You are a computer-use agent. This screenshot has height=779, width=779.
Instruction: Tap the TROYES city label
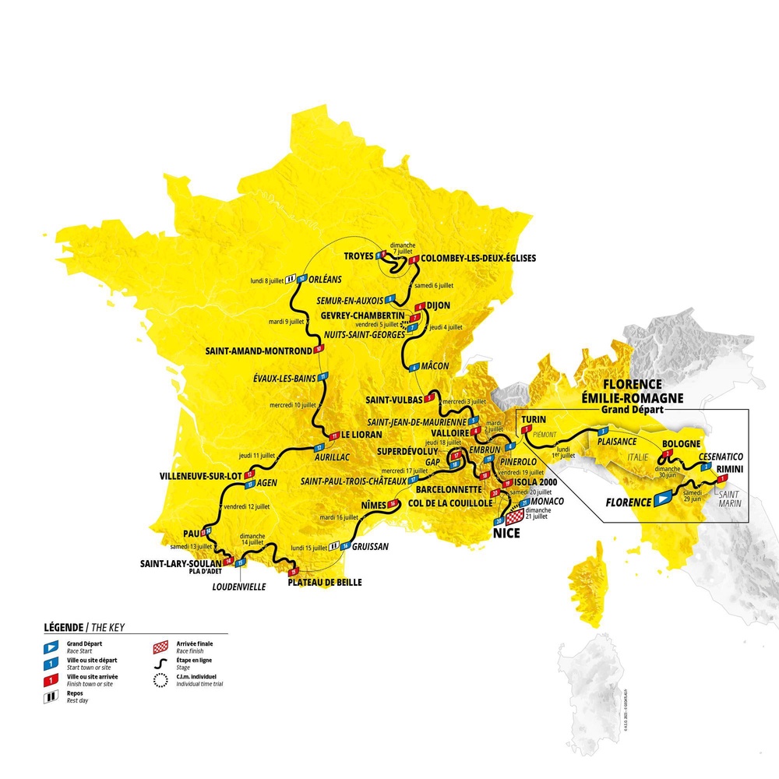coord(358,256)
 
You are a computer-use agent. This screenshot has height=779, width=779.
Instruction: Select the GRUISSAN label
coord(371,546)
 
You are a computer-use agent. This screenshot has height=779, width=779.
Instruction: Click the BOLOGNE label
coord(683,444)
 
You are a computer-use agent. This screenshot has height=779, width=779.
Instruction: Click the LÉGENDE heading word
coord(65,627)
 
